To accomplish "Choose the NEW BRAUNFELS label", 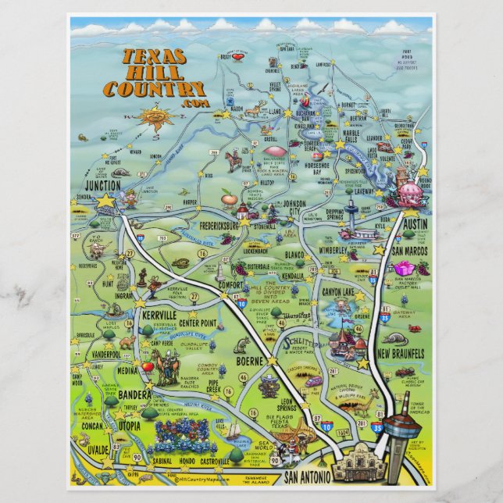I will tap(401, 353).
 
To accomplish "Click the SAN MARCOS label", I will tap(408, 251).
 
